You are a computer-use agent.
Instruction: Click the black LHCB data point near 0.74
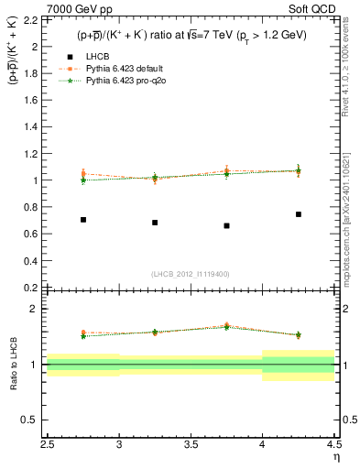pos(298,214)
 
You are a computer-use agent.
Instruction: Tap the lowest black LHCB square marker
pos(226,225)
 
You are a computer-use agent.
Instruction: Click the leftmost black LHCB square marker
pos(83,220)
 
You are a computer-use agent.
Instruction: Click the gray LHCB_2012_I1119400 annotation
pos(191,274)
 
